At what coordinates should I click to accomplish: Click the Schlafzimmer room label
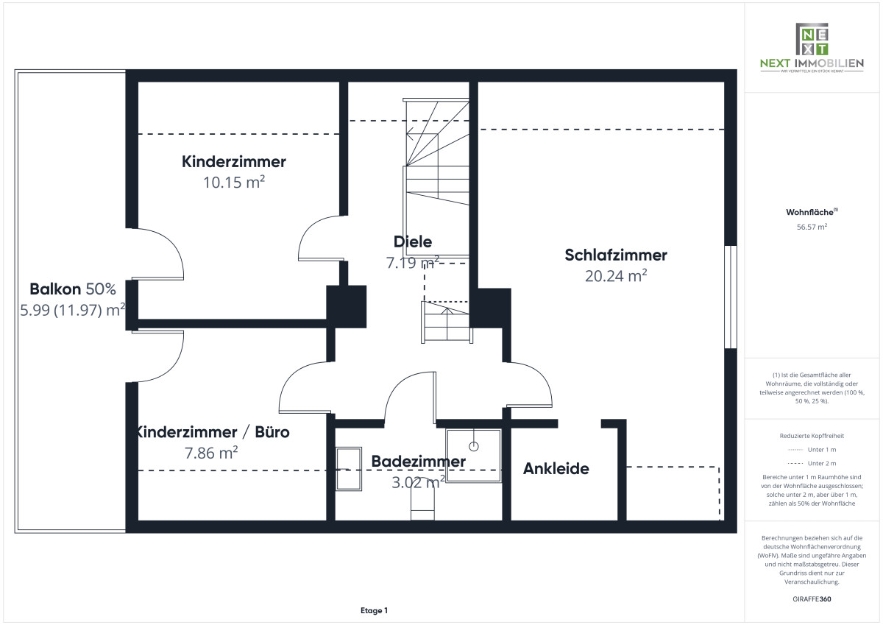tap(616, 255)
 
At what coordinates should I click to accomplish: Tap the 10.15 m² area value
tap(234, 182)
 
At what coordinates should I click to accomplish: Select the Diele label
tap(413, 241)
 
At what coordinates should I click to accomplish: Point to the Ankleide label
tap(556, 468)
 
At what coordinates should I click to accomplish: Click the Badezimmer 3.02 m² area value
tap(418, 482)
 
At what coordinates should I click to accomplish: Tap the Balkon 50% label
tap(73, 289)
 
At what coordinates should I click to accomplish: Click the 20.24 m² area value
tap(616, 276)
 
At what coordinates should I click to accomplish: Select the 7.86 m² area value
tap(211, 453)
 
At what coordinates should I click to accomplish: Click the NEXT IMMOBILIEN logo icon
tap(812, 38)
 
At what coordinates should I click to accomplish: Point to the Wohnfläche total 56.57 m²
tap(812, 227)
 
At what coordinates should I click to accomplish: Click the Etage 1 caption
tap(374, 610)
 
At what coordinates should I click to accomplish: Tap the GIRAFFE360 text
tap(812, 599)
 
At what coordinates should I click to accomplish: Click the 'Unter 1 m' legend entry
tap(812, 450)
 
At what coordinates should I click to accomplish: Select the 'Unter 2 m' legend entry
tap(812, 463)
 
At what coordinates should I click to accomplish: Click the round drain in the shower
tap(474, 446)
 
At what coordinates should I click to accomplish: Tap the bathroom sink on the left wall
tap(349, 469)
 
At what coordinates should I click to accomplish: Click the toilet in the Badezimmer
tap(422, 505)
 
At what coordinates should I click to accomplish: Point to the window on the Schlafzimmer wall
tap(731, 297)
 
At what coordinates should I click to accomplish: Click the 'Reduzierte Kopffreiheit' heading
tap(812, 436)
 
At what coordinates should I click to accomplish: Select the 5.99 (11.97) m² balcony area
tap(73, 310)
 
